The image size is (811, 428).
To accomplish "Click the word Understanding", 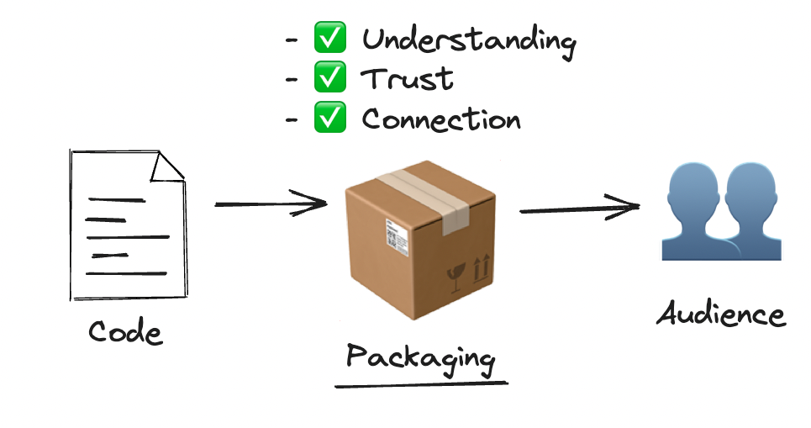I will pyautogui.click(x=469, y=40).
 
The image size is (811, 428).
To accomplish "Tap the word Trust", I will pyautogui.click(x=408, y=79).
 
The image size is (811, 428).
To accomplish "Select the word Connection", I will pyautogui.click(x=441, y=119).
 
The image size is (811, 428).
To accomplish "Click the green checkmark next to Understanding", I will pyautogui.click(x=329, y=39).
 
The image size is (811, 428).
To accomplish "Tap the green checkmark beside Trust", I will pyautogui.click(x=329, y=78).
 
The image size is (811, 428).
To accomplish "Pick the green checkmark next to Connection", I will pyautogui.click(x=329, y=119).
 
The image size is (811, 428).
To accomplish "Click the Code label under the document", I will pyautogui.click(x=125, y=332).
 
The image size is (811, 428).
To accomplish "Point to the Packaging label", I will pyautogui.click(x=420, y=357).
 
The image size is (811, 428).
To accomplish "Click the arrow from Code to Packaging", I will pyautogui.click(x=271, y=203).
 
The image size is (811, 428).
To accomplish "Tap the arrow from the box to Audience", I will pyautogui.click(x=580, y=208).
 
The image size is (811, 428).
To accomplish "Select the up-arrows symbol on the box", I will pyautogui.click(x=481, y=269).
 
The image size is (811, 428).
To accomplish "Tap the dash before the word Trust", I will pyautogui.click(x=292, y=80).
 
